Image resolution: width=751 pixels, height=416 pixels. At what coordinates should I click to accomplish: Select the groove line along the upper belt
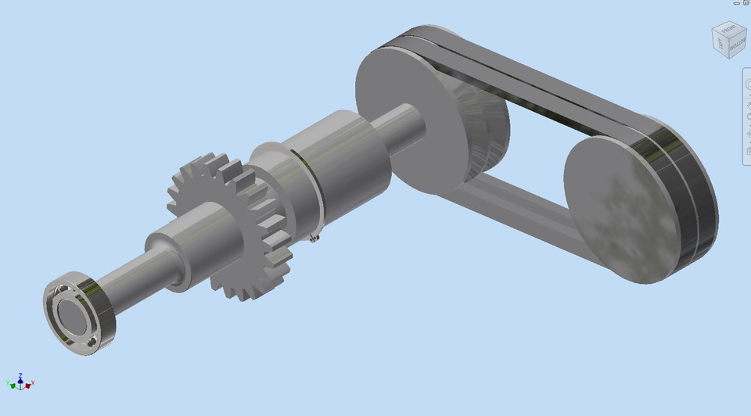540,70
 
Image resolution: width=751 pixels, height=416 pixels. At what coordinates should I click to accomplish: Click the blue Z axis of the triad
20,377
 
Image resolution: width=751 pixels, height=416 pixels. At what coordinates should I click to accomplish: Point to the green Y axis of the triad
10,384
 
